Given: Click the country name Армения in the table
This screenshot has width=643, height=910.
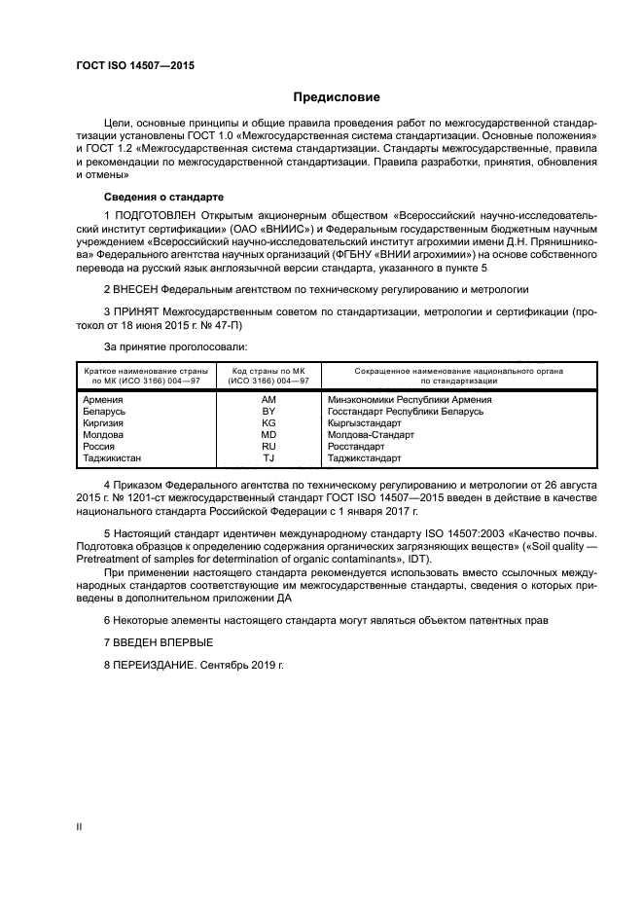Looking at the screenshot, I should pos(103,399).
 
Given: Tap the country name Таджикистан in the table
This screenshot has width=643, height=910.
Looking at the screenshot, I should pos(113,457).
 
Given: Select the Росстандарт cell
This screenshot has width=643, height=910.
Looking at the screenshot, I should pos(359,446).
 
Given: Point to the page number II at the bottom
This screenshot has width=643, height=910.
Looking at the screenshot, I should pos(80,826).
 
